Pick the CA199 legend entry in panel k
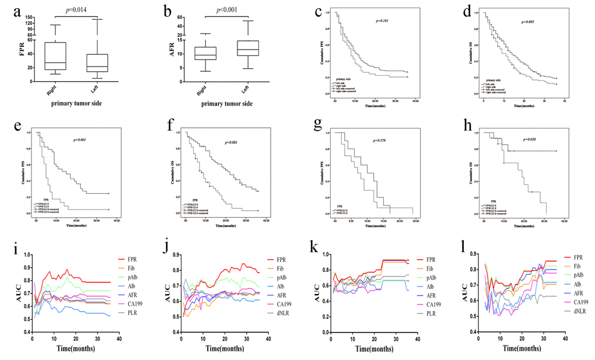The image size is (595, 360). tap(431, 305)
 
